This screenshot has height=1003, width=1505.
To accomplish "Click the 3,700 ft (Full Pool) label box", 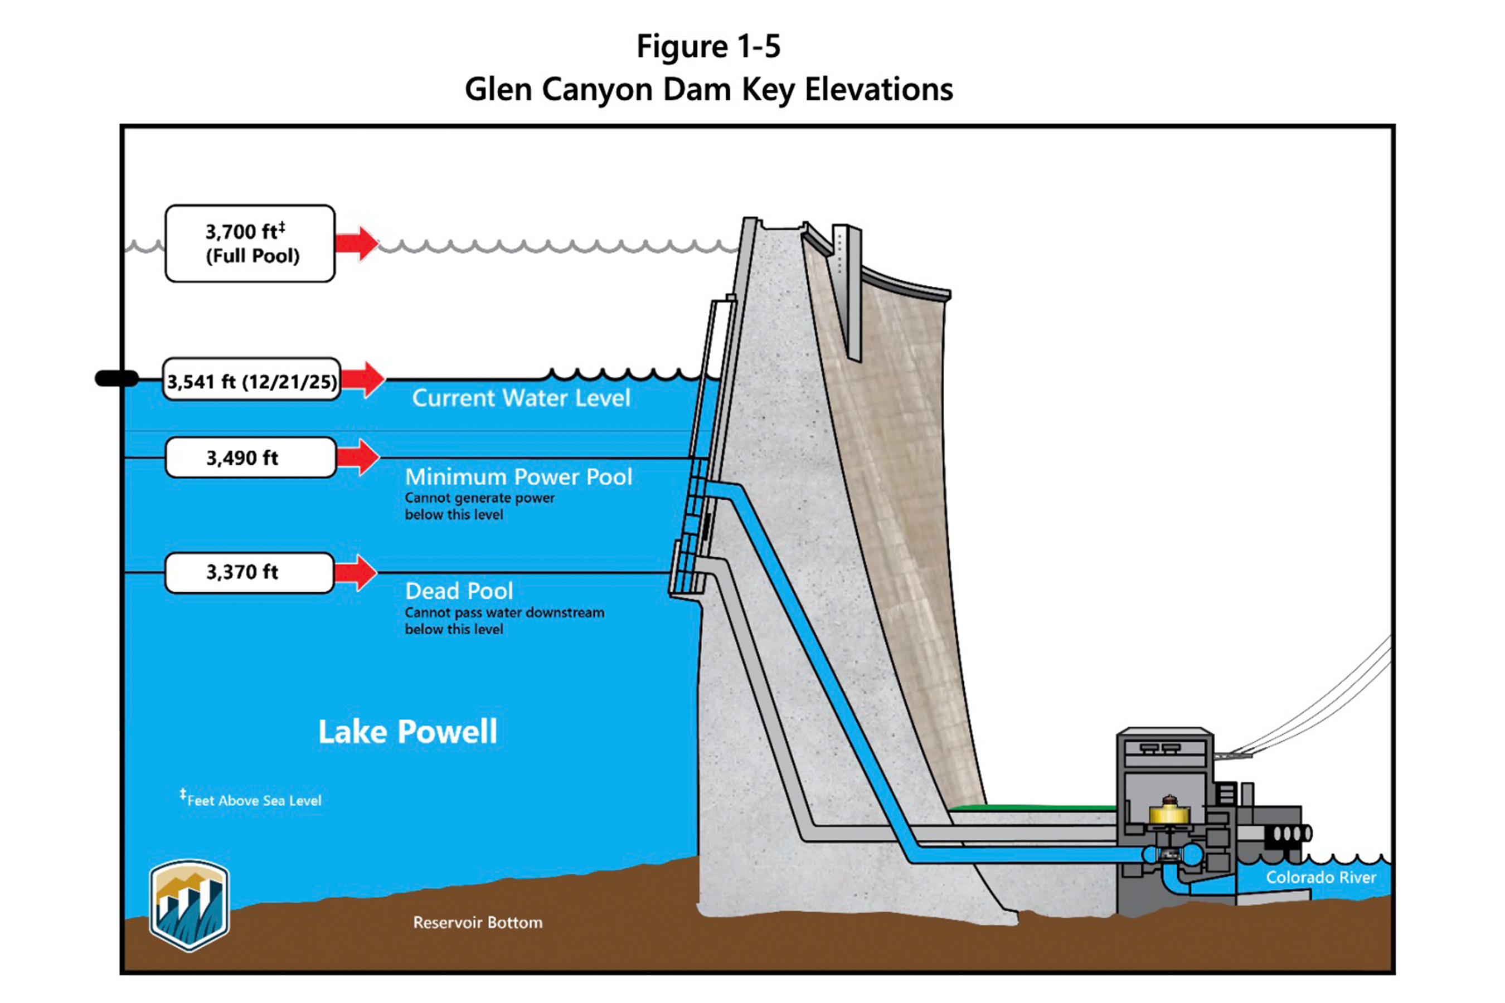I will click(x=250, y=243).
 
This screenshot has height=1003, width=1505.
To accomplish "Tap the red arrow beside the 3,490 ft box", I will click(x=358, y=457).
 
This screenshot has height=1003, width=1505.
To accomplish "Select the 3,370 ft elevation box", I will click(x=250, y=572).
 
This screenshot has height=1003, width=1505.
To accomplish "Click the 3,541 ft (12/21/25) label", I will click(x=251, y=381).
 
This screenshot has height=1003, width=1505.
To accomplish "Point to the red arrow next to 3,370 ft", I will click(x=356, y=572).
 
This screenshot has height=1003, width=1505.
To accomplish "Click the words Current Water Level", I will click(x=521, y=398).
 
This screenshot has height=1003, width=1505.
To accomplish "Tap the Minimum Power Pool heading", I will click(x=518, y=476).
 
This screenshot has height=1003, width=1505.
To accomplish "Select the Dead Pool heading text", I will click(x=459, y=591).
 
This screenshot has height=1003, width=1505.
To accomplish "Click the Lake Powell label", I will click(x=407, y=731).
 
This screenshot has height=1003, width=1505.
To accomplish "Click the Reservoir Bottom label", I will click(x=477, y=922).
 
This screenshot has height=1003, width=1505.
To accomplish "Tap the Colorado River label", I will click(x=1320, y=877).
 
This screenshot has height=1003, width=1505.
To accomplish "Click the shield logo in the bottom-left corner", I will click(x=189, y=904).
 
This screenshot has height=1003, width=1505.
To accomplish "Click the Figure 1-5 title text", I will click(x=708, y=46).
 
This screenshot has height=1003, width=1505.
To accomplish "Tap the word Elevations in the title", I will click(x=878, y=89).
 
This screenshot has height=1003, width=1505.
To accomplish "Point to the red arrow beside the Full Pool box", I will click(x=357, y=243).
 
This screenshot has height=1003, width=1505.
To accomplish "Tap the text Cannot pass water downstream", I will click(x=504, y=612).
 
